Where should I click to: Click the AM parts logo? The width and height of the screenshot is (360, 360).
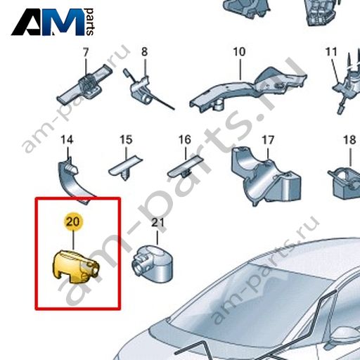[x=53, y=22]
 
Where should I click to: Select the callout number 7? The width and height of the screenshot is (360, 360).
[x=86, y=52]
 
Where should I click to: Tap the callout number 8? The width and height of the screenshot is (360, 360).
[x=145, y=52]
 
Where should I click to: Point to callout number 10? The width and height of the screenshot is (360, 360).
[x=239, y=52]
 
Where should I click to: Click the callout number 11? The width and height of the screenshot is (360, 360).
[x=331, y=52]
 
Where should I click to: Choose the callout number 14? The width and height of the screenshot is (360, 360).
[x=67, y=140]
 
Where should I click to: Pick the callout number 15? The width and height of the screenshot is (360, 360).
[x=126, y=140]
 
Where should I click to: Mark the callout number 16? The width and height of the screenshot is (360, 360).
[x=185, y=140]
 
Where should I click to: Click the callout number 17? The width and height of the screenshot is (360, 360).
[x=268, y=140]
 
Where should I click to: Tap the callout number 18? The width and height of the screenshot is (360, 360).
[x=349, y=140]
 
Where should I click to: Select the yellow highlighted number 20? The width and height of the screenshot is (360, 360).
[x=73, y=221]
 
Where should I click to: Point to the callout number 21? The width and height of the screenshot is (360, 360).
[x=157, y=223]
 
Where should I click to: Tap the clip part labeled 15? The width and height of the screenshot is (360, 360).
[x=125, y=168]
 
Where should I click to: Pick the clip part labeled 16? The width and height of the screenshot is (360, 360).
[x=185, y=168]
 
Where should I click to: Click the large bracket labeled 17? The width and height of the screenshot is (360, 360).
[x=265, y=176]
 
